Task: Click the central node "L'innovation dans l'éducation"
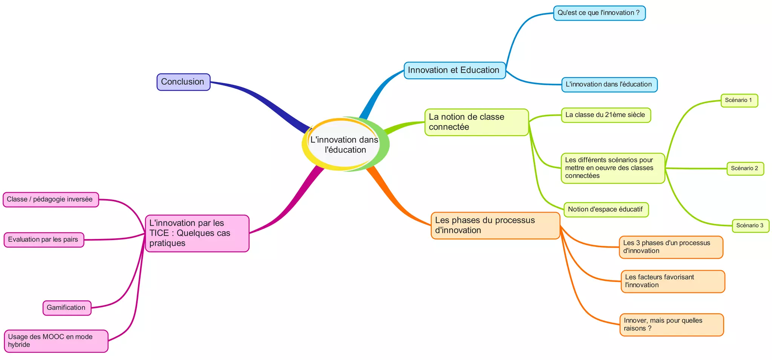tap(345, 144)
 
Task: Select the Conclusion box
tap(183, 82)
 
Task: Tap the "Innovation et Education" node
tap(454, 70)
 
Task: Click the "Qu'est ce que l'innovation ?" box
tap(599, 13)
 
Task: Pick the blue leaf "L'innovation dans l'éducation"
tap(609, 84)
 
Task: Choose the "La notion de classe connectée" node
tap(476, 122)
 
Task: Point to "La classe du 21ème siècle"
tap(605, 115)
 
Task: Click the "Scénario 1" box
tap(739, 100)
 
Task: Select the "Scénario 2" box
tap(745, 168)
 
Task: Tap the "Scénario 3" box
tap(750, 225)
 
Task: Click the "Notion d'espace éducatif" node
tap(605, 209)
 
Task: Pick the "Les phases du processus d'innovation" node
tap(495, 225)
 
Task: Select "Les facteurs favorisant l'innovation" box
tap(672, 281)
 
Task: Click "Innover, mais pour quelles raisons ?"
tap(671, 325)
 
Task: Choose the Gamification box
tap(67, 308)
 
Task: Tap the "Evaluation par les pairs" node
tap(43, 240)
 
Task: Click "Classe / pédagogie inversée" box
tap(50, 199)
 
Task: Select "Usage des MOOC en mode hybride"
tap(56, 341)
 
